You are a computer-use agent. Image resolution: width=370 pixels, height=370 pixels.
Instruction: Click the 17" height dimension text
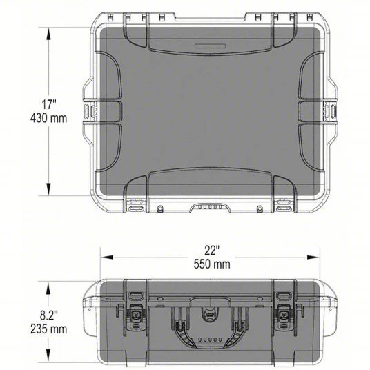48,105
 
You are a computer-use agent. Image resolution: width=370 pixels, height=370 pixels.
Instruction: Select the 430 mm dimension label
48,118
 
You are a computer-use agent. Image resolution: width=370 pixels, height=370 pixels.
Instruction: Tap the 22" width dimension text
211,249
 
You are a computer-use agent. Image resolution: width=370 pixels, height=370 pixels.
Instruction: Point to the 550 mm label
212,263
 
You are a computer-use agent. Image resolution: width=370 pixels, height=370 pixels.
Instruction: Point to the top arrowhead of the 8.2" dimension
49,284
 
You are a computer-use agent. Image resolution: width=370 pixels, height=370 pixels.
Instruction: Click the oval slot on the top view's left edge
87,113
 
